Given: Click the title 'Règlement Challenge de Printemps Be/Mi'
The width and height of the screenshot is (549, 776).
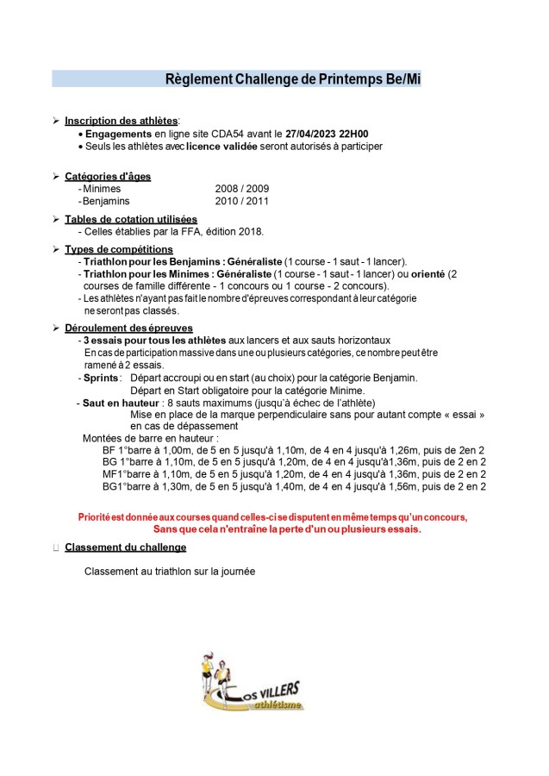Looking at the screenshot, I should [293, 79].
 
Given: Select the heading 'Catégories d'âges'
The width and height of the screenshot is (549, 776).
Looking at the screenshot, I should [108, 176].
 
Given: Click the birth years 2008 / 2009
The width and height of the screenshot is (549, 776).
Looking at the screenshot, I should [241, 188].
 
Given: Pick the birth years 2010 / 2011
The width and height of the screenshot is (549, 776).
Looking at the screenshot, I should [241, 201].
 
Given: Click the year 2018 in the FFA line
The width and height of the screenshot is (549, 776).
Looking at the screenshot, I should [252, 231].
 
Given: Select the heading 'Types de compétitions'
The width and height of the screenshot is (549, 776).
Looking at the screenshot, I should [119, 249].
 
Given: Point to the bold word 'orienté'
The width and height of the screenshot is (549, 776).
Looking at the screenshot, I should [429, 273].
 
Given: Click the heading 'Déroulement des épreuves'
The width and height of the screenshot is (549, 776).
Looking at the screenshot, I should [128, 328].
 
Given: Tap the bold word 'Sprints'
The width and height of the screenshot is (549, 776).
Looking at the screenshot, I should [102, 378].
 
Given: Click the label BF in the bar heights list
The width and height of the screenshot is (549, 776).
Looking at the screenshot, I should [109, 450].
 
